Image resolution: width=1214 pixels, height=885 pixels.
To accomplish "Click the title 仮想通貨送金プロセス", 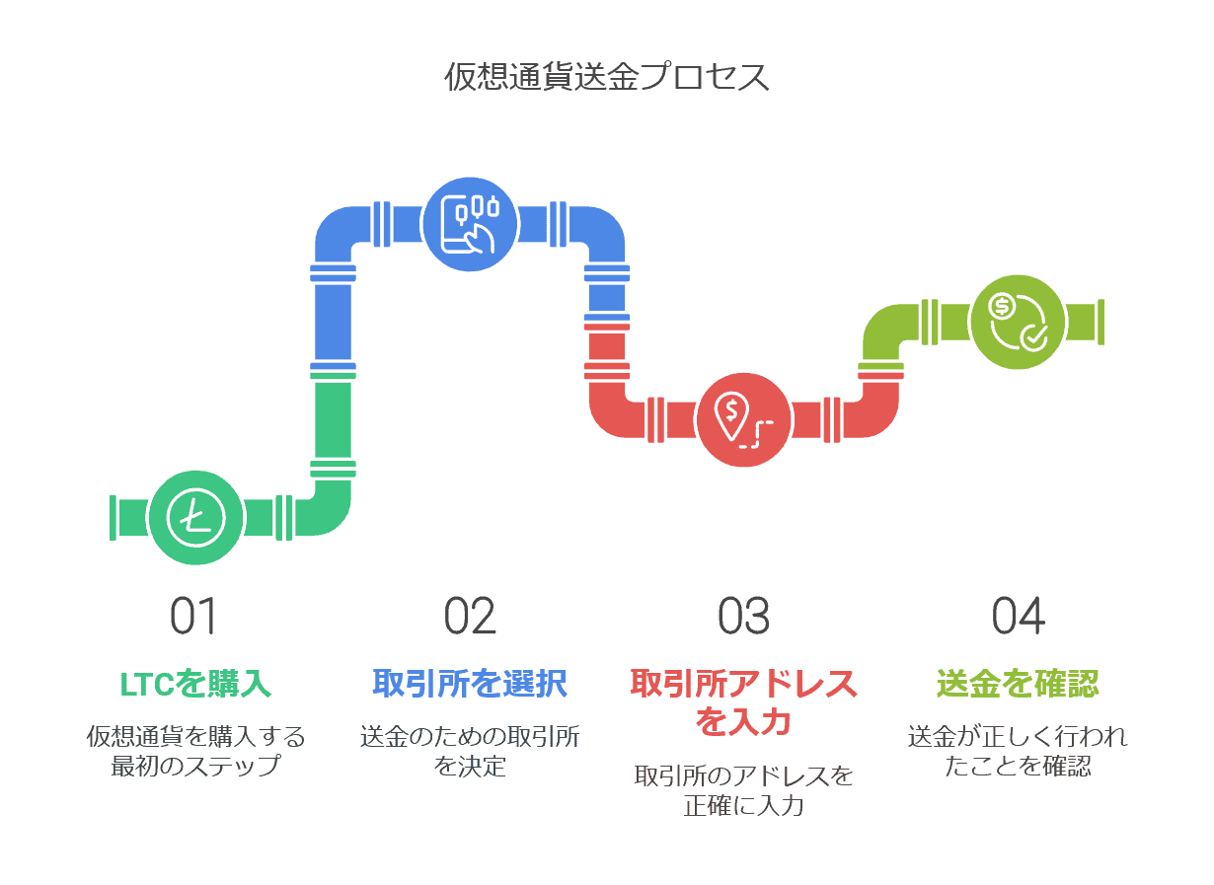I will click(x=606, y=77).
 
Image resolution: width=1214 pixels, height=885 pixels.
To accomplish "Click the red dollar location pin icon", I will click(x=743, y=418).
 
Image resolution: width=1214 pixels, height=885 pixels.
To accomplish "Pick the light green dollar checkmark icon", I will click(x=1018, y=322).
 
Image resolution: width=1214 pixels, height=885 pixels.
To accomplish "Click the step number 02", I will click(x=470, y=616).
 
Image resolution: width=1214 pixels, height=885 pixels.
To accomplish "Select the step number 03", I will click(x=743, y=616).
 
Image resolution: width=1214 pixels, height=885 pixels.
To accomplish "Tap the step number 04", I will click(x=1018, y=616).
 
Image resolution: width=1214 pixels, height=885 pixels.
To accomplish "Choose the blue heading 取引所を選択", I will click(x=470, y=684).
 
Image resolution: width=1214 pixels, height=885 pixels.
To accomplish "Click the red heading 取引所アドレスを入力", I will click(x=743, y=701).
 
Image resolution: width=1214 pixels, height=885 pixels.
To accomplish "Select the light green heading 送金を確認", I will click(x=1018, y=684).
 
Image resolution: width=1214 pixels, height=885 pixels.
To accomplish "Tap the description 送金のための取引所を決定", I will click(x=470, y=751).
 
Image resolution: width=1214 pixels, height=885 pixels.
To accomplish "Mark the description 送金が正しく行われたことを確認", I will click(x=1018, y=751).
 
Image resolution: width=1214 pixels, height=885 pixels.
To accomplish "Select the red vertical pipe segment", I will click(x=607, y=345).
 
